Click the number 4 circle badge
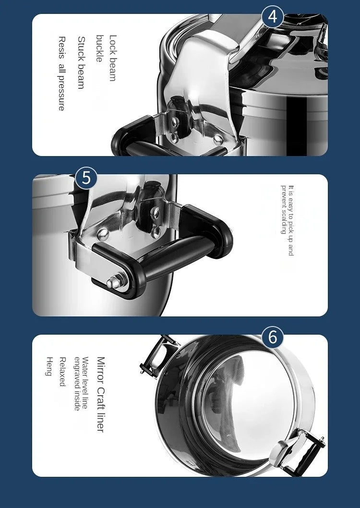(x=272, y=17)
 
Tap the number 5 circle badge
(x=86, y=178)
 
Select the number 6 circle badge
(x=272, y=337)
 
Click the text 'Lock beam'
(x=113, y=58)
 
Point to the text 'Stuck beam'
(x=81, y=63)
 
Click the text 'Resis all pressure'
(x=61, y=73)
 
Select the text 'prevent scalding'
(x=283, y=209)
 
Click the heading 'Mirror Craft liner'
(x=100, y=394)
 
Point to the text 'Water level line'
(x=85, y=383)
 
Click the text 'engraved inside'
(x=76, y=384)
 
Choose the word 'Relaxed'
(x=62, y=371)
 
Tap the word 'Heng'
(x=49, y=366)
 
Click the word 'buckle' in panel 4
(x=99, y=48)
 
